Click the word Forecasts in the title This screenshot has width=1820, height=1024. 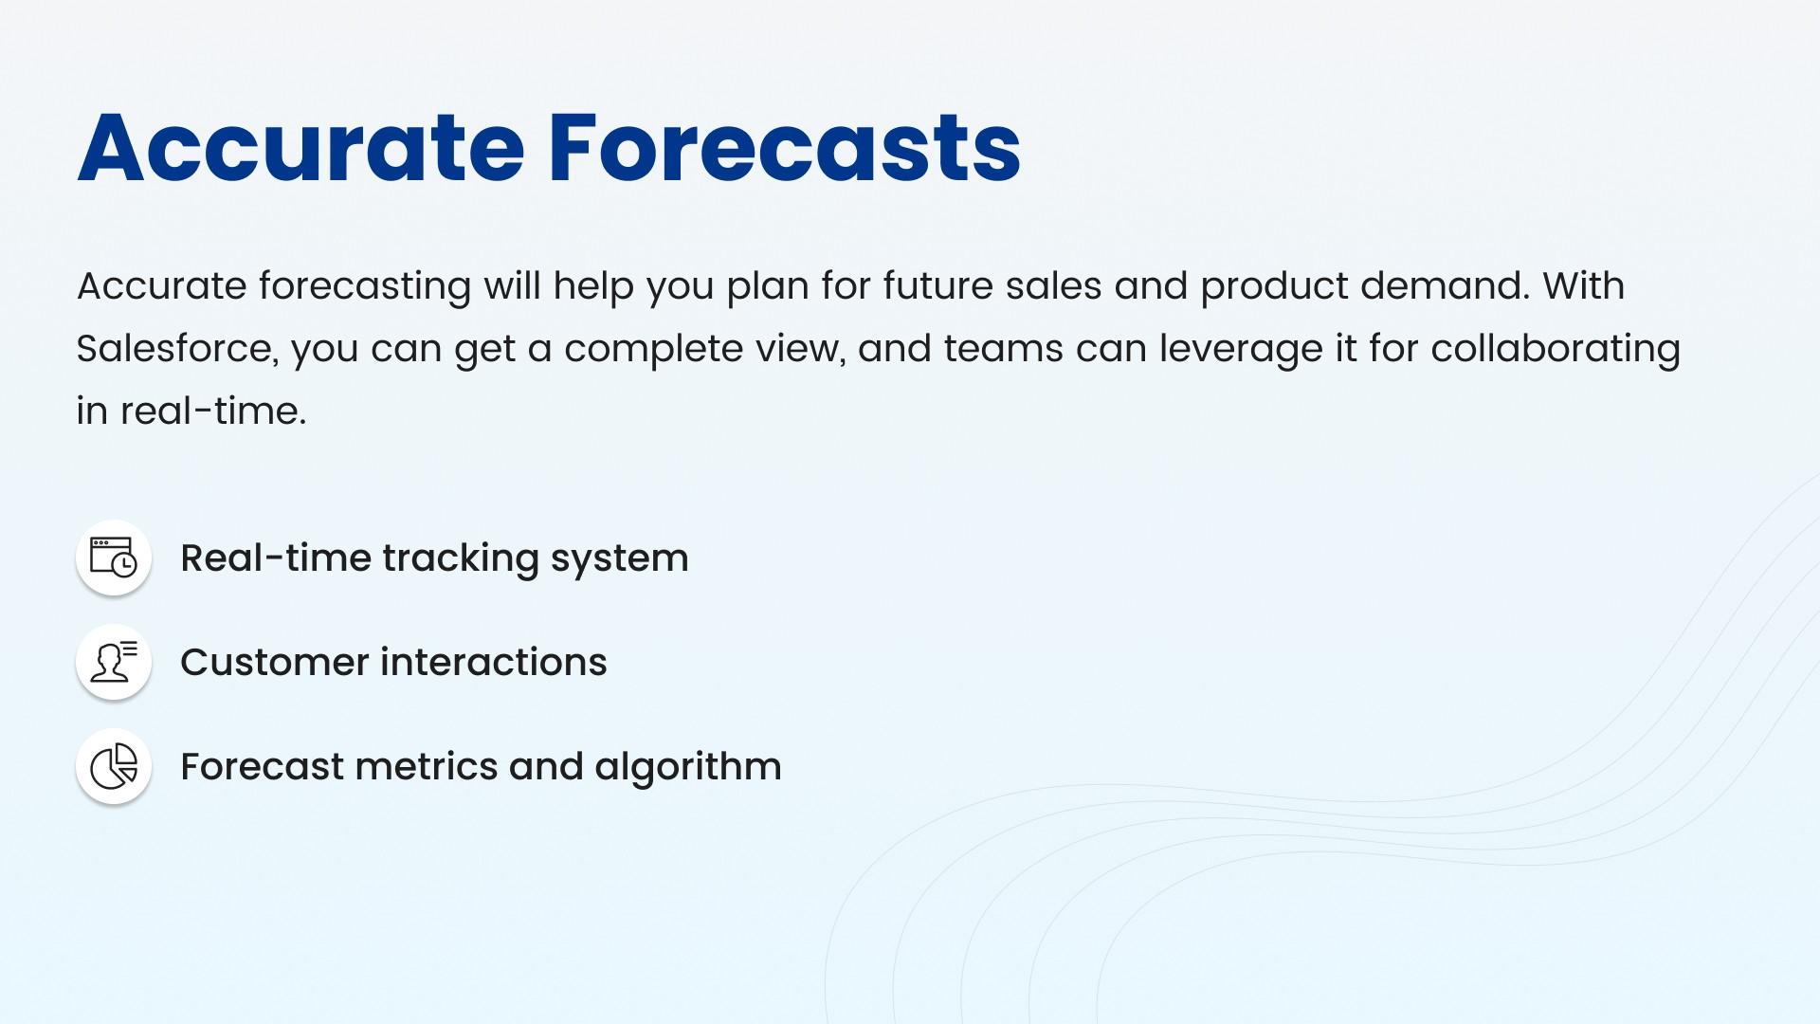(x=785, y=148)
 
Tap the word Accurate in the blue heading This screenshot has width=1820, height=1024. (x=300, y=148)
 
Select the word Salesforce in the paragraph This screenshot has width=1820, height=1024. (x=177, y=348)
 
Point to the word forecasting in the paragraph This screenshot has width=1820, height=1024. (x=365, y=286)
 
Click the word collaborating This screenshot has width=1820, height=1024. (x=1556, y=349)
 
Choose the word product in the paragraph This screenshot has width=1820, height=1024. (x=1274, y=286)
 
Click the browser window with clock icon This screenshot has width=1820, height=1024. (x=114, y=558)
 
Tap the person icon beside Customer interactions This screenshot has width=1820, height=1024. (x=114, y=662)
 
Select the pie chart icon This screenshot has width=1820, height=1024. (x=114, y=766)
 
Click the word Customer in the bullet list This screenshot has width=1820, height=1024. (x=274, y=662)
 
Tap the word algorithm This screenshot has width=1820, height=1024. (x=688, y=767)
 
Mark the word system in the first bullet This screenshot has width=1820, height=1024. (x=620, y=558)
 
